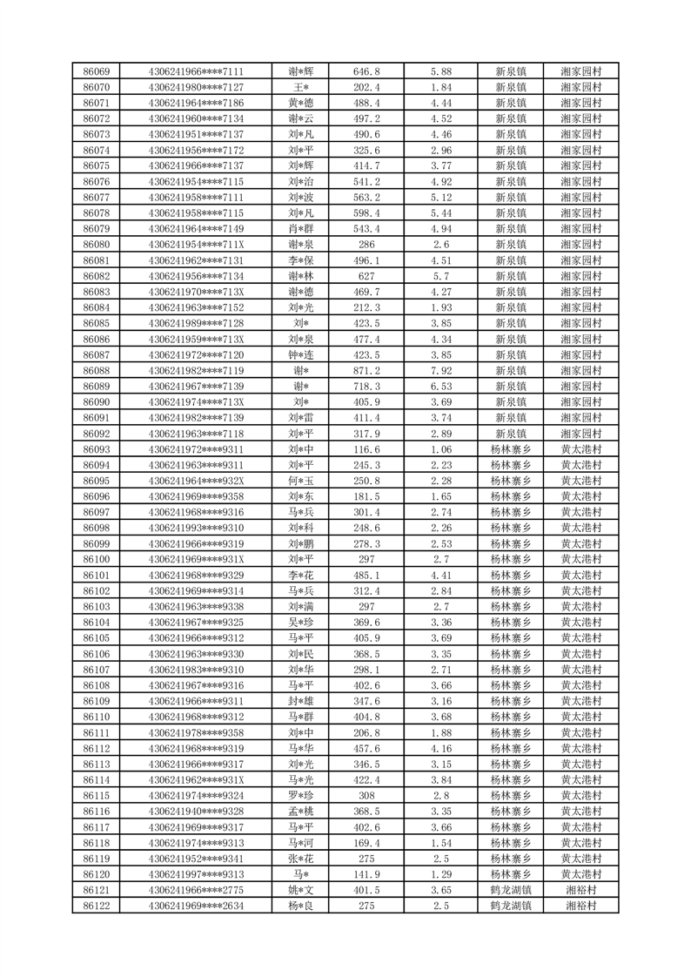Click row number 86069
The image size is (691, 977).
tap(96, 71)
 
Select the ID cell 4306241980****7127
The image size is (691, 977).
tap(196, 87)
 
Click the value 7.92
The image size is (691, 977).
tap(441, 371)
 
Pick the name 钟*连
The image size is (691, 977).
tap(301, 355)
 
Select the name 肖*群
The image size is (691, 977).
tap(301, 229)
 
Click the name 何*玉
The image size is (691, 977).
tap(301, 481)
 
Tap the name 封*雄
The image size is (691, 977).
tap(301, 701)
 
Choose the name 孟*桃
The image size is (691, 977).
tap(301, 812)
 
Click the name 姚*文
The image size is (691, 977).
tap(301, 890)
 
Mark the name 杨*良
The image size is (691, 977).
tap(301, 906)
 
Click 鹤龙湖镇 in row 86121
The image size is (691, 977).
tap(511, 890)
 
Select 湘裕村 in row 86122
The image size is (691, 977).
tap(581, 906)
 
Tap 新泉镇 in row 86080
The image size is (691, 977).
tap(511, 245)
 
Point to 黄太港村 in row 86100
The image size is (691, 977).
tap(581, 559)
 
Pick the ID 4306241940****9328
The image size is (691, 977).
tap(196, 812)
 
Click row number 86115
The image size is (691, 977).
tap(96, 796)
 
